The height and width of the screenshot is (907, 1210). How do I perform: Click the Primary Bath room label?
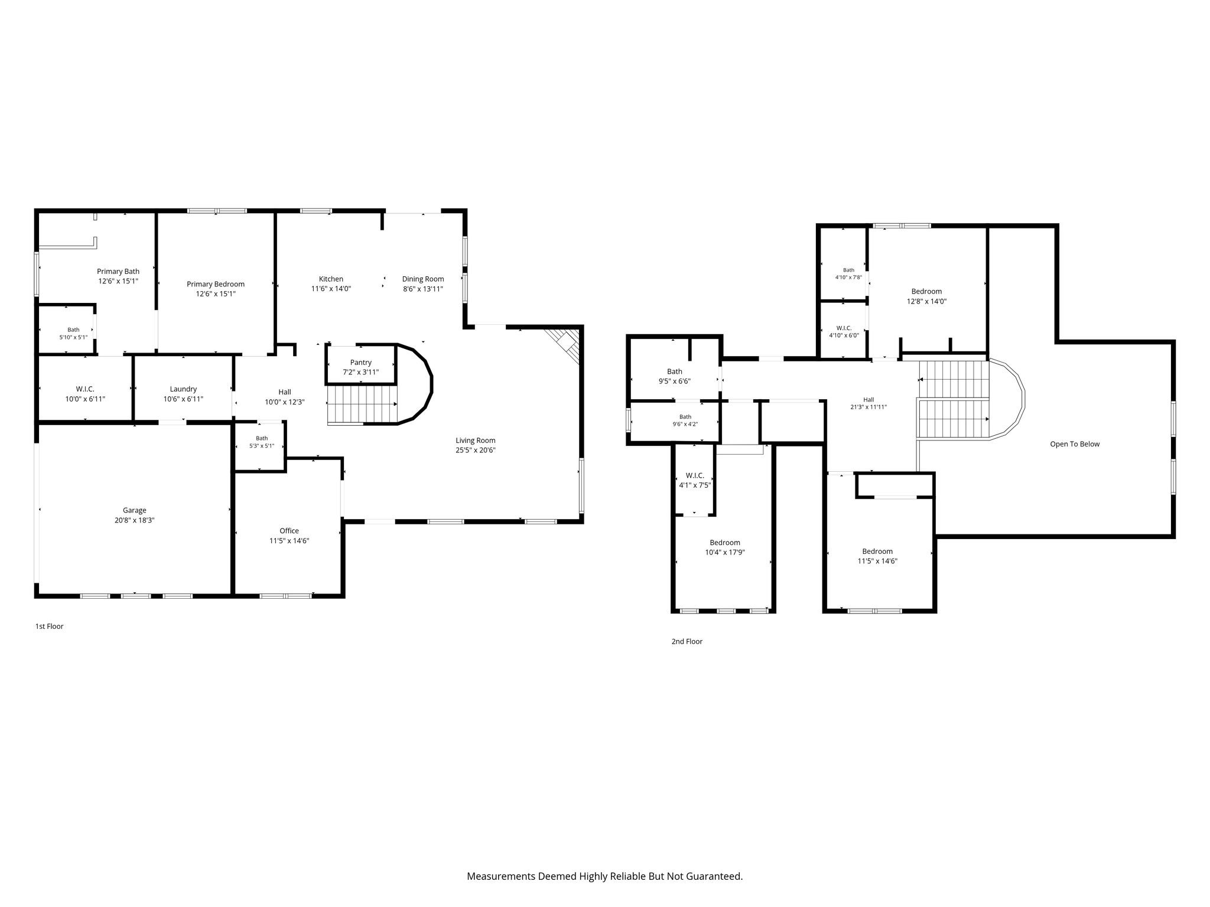118,272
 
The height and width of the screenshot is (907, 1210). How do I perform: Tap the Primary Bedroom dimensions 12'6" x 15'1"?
216,293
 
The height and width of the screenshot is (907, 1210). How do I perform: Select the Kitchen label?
331,279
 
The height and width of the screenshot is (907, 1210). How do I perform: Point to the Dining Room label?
423,279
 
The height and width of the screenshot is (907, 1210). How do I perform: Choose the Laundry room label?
183,389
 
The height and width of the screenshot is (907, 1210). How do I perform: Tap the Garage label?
135,510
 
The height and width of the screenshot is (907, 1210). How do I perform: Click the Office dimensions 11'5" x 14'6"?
290,540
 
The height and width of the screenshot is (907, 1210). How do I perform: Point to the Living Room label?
476,440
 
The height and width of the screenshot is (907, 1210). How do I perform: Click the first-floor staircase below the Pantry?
362,404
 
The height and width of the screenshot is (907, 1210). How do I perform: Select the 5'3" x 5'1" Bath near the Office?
262,446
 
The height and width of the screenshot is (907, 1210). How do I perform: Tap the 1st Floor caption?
49,626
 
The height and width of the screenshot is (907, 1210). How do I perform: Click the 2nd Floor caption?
687,641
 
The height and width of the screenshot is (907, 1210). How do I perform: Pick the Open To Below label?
1075,444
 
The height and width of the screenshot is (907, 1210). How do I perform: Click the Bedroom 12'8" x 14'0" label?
926,291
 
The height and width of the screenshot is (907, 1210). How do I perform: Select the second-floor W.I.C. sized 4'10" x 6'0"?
844,331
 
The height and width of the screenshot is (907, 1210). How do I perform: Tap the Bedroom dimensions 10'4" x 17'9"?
725,553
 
